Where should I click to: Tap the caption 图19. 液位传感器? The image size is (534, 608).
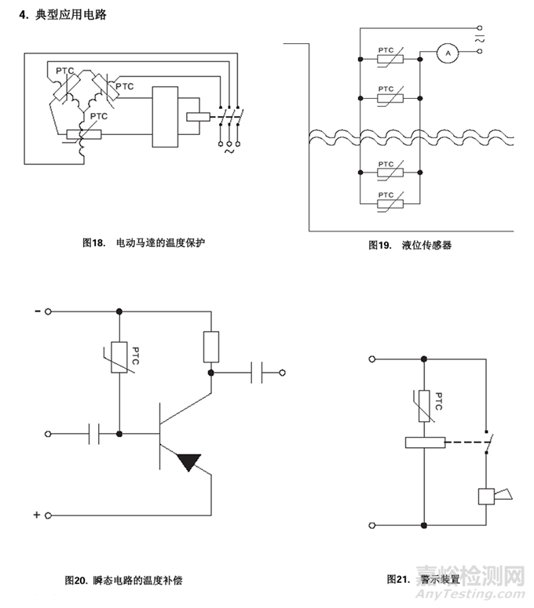(409, 245)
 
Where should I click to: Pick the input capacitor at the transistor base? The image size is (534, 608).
(96, 433)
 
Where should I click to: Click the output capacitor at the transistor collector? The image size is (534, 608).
(257, 373)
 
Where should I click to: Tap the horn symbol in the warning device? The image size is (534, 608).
(492, 496)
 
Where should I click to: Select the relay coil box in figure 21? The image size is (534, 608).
(424, 442)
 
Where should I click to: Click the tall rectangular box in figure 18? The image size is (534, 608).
(166, 117)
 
